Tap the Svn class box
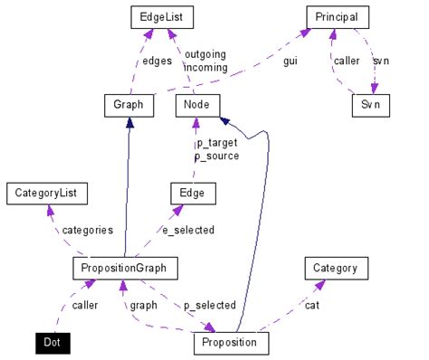pos(370,105)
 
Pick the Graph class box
pos(129,105)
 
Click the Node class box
pos(196,105)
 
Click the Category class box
pos(336,268)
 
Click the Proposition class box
pos(231,342)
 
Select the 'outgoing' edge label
pos(205,54)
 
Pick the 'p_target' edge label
pos(217,143)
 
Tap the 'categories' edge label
pos(87,230)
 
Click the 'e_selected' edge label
pos(187,230)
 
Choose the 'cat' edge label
pos(311,305)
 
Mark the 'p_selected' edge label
pos(209,305)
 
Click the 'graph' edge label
pos(143,305)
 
